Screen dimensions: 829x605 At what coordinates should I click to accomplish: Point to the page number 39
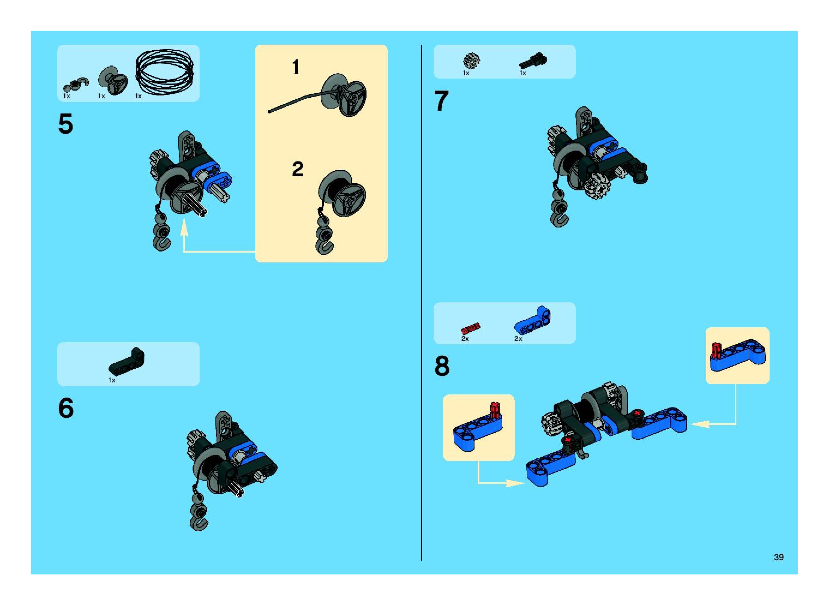[x=779, y=557]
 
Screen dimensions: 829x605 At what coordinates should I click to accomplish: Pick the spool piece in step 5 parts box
[x=113, y=80]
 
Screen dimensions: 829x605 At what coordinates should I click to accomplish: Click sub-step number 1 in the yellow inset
[x=296, y=67]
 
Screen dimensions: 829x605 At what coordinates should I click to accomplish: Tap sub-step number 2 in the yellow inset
[x=297, y=169]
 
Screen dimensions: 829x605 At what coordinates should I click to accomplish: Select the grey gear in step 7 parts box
[x=471, y=61]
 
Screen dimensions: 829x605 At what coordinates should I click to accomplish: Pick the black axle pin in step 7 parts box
[x=533, y=61]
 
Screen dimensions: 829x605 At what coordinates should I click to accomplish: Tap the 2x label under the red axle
[x=465, y=339]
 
